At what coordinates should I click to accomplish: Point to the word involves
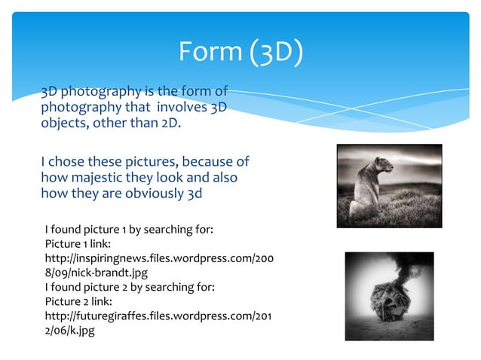click(x=176, y=108)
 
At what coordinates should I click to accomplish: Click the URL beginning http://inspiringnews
click(x=158, y=258)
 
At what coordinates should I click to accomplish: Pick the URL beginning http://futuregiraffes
click(x=158, y=316)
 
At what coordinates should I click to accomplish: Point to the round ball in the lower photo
click(x=390, y=305)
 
